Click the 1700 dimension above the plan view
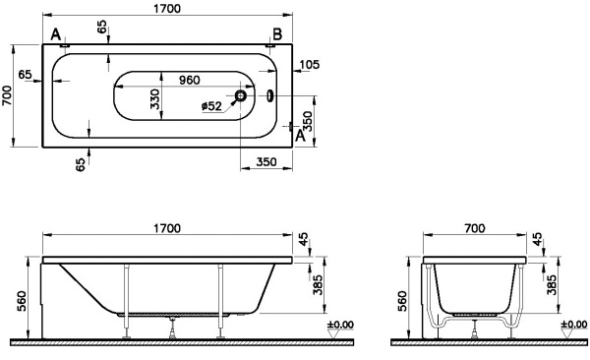[165, 9]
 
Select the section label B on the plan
[277, 35]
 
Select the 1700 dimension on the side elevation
[165, 229]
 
